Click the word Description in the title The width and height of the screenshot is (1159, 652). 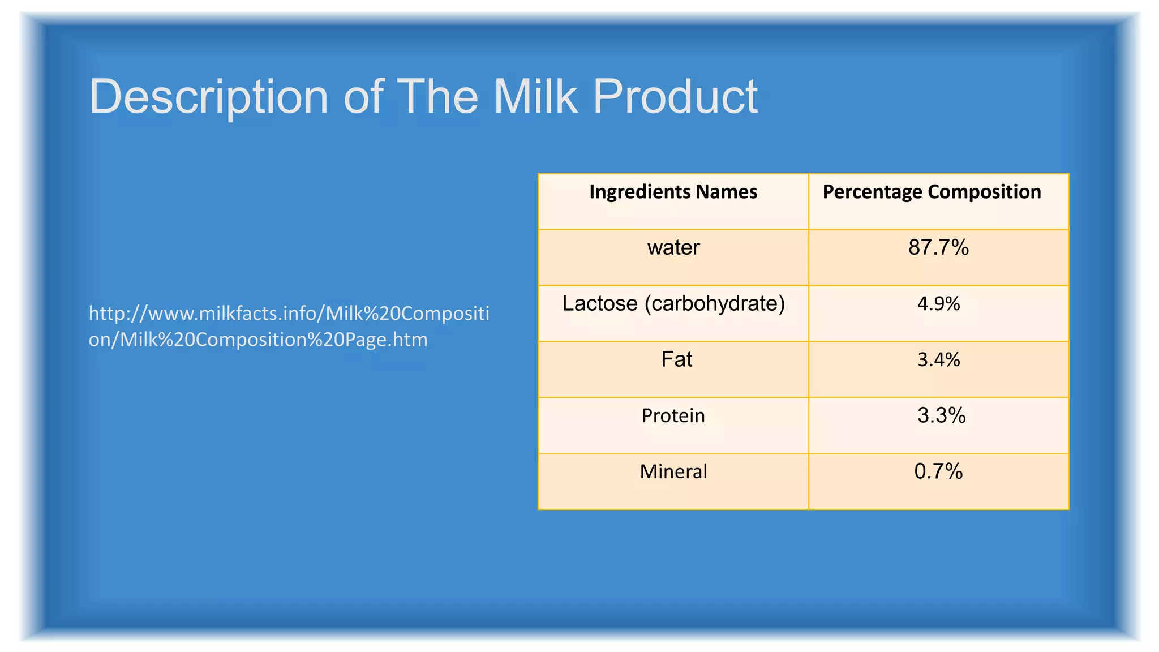pyautogui.click(x=209, y=97)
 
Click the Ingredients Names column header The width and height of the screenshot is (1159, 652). pyautogui.click(x=673, y=192)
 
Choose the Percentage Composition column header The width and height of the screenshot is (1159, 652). pyautogui.click(x=932, y=192)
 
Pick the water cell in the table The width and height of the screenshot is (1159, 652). pyautogui.click(x=673, y=248)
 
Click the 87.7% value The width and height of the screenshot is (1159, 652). pyautogui.click(x=938, y=248)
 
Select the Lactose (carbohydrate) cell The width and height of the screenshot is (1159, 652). pyautogui.click(x=673, y=304)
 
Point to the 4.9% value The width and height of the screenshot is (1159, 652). pyautogui.click(x=938, y=304)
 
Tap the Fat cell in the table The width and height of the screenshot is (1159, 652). pyautogui.click(x=676, y=360)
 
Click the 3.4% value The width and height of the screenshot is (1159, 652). pyautogui.click(x=938, y=360)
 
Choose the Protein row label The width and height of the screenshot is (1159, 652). pyautogui.click(x=673, y=416)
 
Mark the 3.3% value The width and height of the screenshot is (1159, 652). pyautogui.click(x=941, y=416)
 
